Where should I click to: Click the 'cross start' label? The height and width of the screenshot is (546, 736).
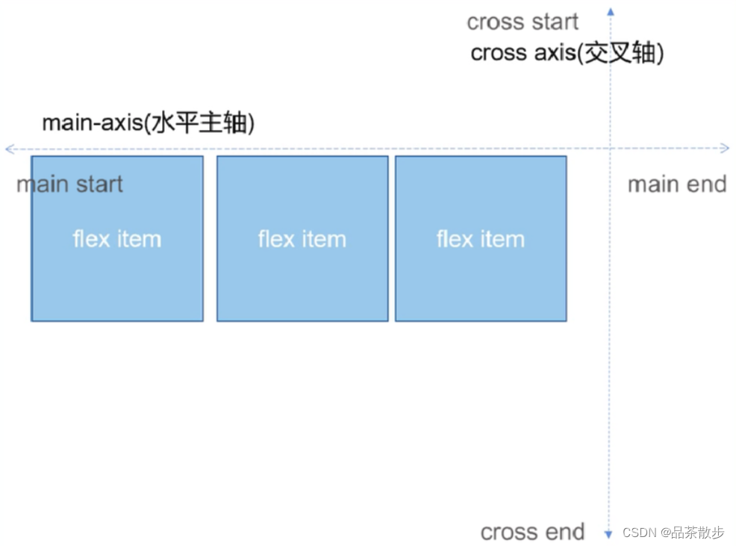click(523, 22)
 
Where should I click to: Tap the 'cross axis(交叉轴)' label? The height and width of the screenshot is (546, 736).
click(567, 54)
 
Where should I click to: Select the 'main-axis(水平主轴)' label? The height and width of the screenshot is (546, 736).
click(148, 123)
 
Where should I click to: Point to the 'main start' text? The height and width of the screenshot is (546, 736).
click(69, 184)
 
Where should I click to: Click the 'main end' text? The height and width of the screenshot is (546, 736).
click(676, 184)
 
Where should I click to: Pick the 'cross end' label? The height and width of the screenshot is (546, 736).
click(532, 532)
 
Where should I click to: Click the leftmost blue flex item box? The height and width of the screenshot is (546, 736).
click(117, 239)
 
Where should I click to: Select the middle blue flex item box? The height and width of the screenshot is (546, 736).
click(302, 239)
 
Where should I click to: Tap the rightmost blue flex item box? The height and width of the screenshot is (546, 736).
click(481, 239)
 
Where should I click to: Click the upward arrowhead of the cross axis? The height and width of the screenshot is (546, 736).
click(611, 11)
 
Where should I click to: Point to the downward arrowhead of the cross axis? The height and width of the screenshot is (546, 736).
click(608, 534)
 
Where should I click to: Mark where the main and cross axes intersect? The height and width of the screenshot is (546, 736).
click(610, 149)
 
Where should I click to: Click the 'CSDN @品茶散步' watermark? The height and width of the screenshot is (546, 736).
click(673, 533)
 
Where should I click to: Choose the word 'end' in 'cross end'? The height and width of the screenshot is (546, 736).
click(564, 532)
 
